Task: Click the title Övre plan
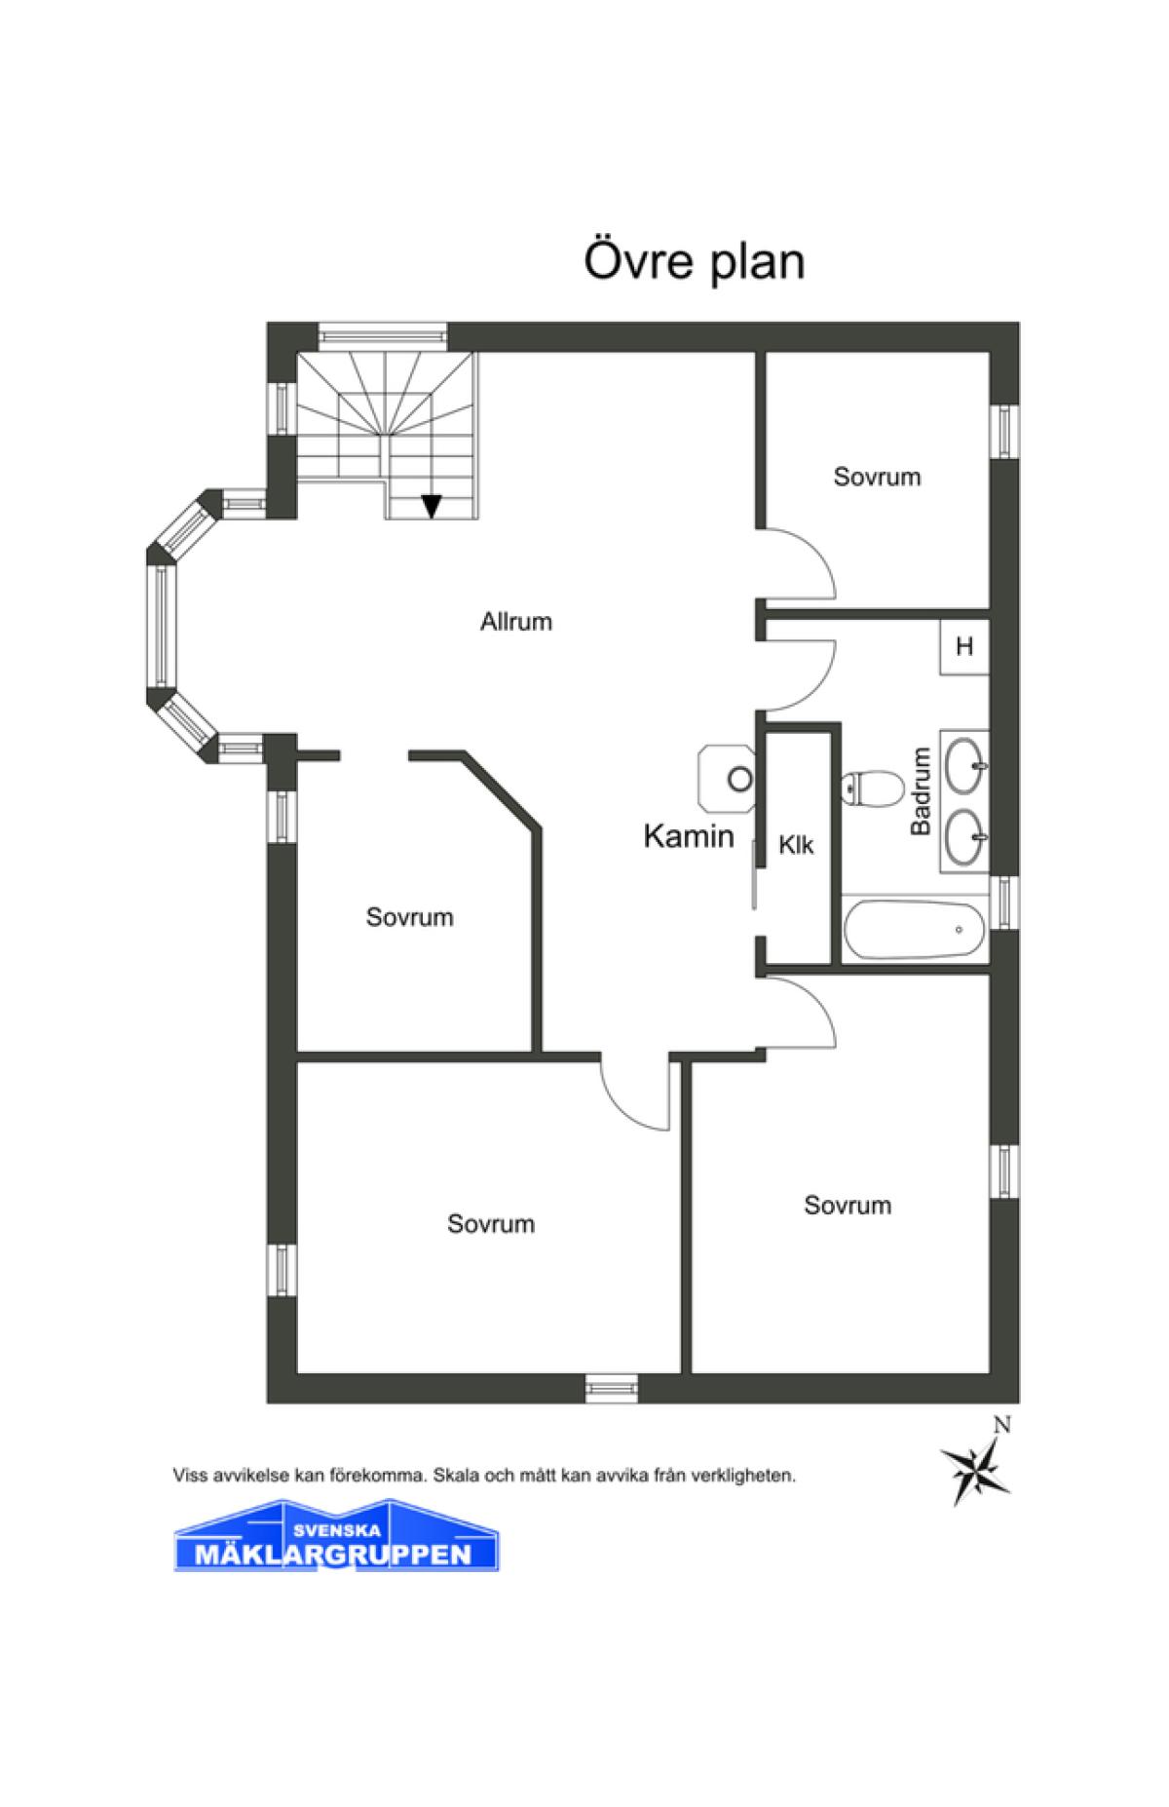point(695,261)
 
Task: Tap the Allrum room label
point(516,622)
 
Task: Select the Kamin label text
point(689,836)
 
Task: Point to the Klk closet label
point(796,845)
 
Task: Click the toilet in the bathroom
point(873,788)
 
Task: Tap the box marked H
point(964,646)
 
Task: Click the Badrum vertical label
point(921,790)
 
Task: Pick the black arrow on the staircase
point(432,506)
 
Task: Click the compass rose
point(974,1471)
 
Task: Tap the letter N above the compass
point(1001,1425)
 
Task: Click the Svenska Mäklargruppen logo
point(337,1535)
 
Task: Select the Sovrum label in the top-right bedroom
point(877,477)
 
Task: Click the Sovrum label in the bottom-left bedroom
point(491,1224)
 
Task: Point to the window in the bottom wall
point(612,1388)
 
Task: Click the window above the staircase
point(386,336)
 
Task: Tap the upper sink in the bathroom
point(964,763)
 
